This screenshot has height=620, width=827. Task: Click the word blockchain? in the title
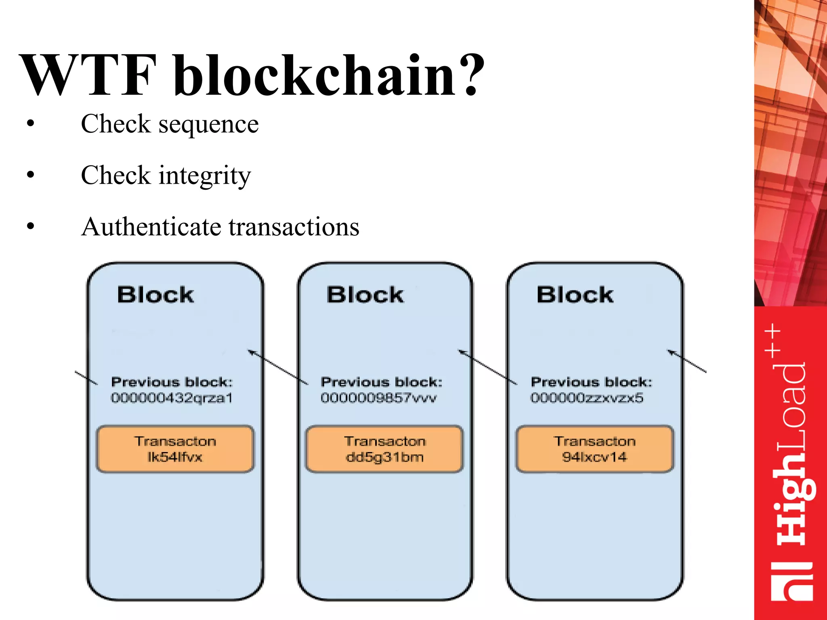(x=329, y=75)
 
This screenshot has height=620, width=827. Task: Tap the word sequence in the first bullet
(x=208, y=124)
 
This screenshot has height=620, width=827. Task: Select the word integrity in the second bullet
(x=205, y=176)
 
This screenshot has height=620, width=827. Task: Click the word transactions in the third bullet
(x=294, y=227)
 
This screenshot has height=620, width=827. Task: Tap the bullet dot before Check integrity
(x=31, y=175)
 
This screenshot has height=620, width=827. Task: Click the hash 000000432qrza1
(x=172, y=398)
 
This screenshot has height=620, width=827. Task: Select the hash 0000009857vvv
(x=378, y=398)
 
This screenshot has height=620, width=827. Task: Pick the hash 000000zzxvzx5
(x=587, y=398)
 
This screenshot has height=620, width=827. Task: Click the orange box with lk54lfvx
(x=175, y=449)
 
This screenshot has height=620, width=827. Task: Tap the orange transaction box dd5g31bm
(x=384, y=449)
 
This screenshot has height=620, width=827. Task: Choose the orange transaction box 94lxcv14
(x=594, y=449)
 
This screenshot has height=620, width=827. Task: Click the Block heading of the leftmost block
(x=155, y=295)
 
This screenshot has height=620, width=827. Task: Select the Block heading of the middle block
(x=365, y=295)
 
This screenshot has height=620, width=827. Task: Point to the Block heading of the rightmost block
(x=575, y=295)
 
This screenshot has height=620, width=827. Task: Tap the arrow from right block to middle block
(x=487, y=367)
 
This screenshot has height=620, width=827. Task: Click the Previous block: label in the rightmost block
(x=591, y=382)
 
